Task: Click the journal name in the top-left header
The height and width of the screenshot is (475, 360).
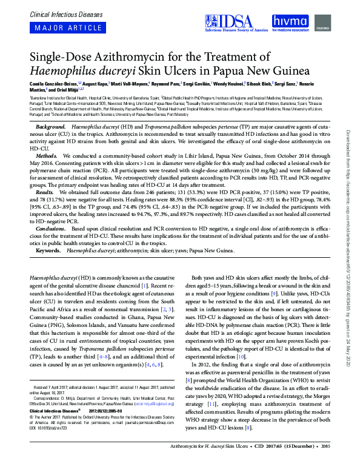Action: point(58,12)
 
